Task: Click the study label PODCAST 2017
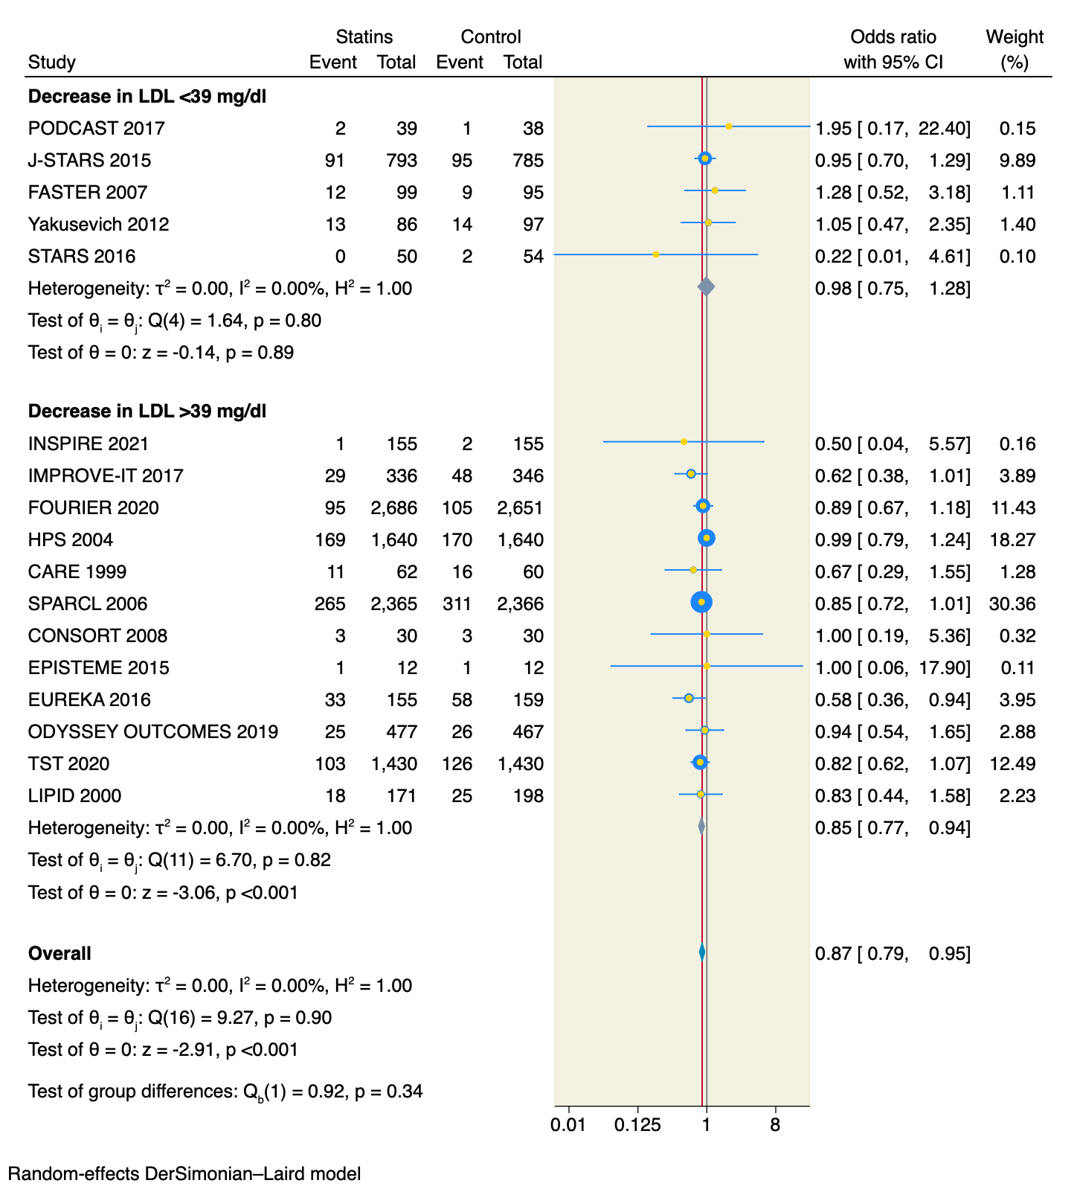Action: [x=97, y=129]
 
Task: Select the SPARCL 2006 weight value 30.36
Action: [x=1012, y=603]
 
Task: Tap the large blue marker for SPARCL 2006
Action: [x=701, y=602]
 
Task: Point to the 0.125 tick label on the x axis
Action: [x=637, y=1125]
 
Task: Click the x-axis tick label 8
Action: [x=775, y=1125]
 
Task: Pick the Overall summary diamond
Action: [x=702, y=952]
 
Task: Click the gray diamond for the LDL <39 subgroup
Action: [x=707, y=286]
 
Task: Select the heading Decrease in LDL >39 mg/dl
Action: [x=147, y=411]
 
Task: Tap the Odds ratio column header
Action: [x=893, y=37]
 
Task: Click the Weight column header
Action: [x=1015, y=37]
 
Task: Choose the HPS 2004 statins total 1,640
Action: [x=394, y=539]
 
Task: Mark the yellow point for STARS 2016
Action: [x=655, y=254]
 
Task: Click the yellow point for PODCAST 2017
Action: [x=729, y=126]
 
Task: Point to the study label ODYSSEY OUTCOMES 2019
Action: [x=153, y=731]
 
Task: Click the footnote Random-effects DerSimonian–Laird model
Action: [x=184, y=1174]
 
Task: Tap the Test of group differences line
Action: [x=225, y=1092]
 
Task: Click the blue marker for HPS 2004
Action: [x=707, y=538]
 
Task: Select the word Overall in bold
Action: [x=60, y=953]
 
